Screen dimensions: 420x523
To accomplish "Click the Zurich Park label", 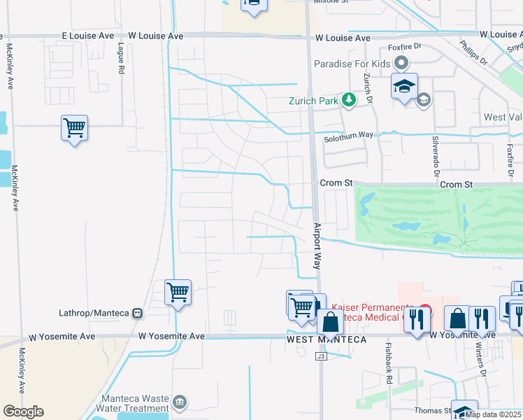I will click(313, 100).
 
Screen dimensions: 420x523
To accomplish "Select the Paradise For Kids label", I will click(352, 64).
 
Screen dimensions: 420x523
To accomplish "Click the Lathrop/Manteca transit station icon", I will click(138, 313).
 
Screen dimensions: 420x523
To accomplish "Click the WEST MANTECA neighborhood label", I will click(326, 340).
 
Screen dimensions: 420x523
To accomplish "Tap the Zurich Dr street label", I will click(368, 87).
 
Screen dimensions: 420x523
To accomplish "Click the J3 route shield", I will click(321, 356).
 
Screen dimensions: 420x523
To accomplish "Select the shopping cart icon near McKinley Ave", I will click(74, 128).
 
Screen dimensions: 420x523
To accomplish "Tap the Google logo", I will click(23, 412).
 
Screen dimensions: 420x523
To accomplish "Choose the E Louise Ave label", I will click(87, 36).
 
